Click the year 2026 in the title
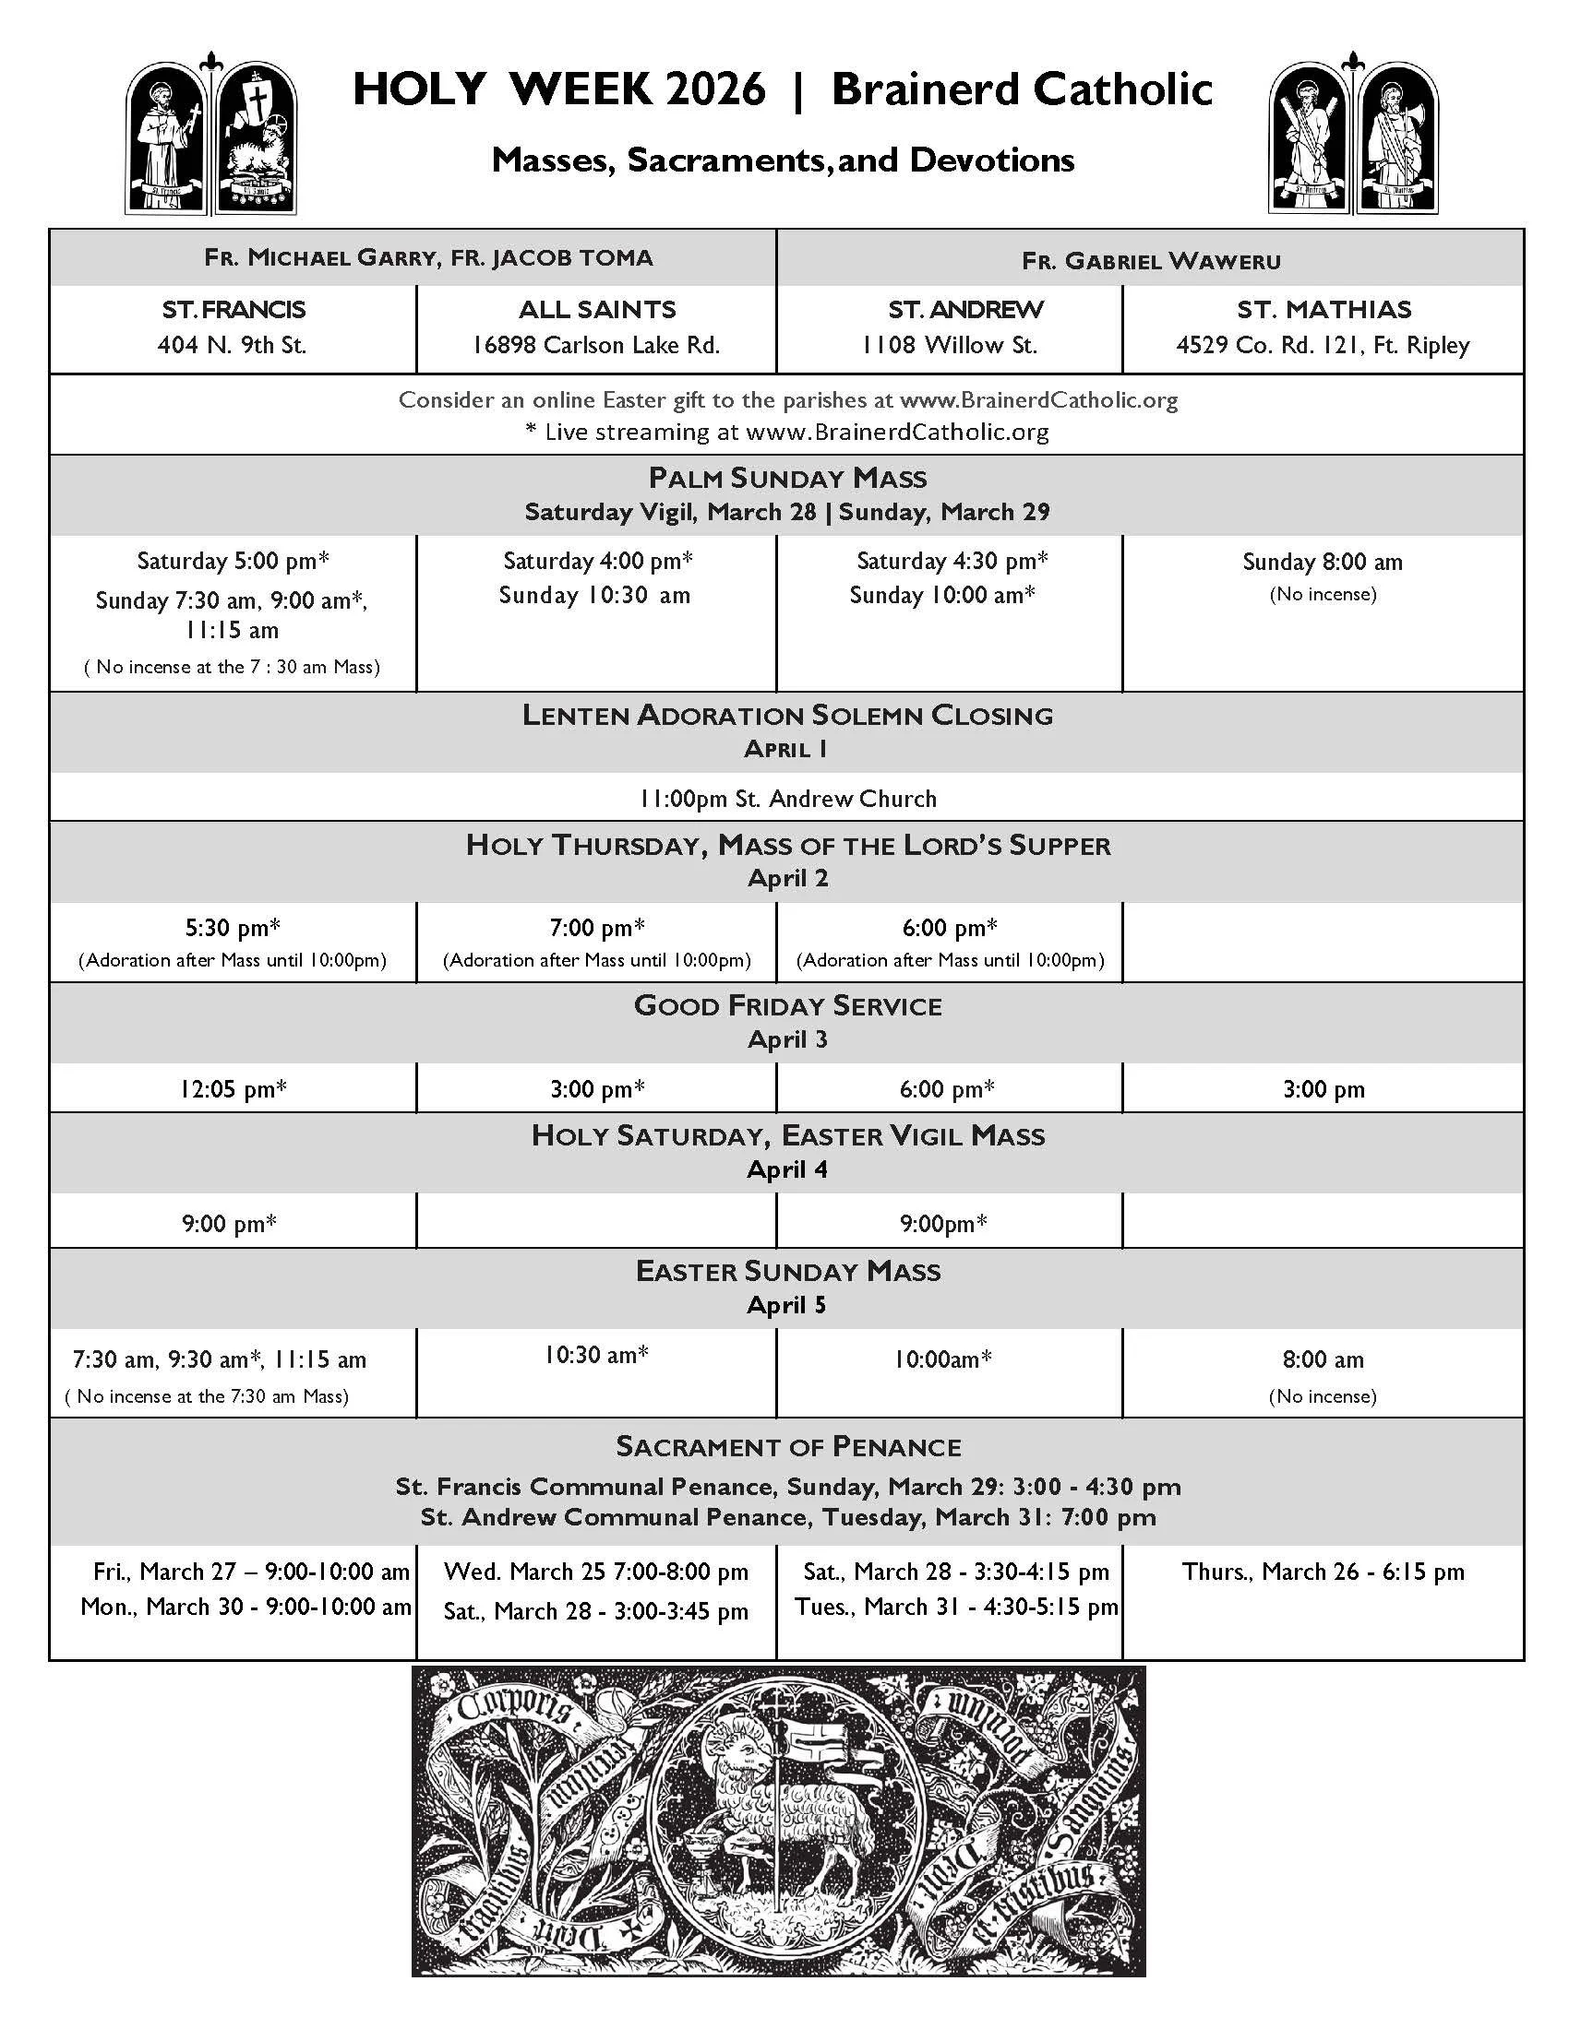click(715, 90)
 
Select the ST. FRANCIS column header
click(233, 309)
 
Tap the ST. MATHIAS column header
click(1323, 309)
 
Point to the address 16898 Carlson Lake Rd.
click(596, 346)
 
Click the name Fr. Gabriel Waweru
click(1151, 261)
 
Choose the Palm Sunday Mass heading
click(787, 479)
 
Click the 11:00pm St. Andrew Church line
click(787, 799)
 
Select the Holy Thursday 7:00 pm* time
click(597, 928)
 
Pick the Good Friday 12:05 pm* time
click(233, 1089)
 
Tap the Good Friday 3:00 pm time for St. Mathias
click(1323, 1090)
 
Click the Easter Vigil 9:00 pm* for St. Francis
click(230, 1224)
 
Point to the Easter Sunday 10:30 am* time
click(596, 1356)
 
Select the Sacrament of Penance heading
click(787, 1447)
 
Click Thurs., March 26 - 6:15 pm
click(1323, 1572)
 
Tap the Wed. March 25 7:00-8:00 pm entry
click(596, 1572)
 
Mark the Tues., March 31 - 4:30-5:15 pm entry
click(955, 1608)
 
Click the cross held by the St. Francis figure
click(194, 120)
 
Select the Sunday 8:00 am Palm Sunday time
click(1323, 562)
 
